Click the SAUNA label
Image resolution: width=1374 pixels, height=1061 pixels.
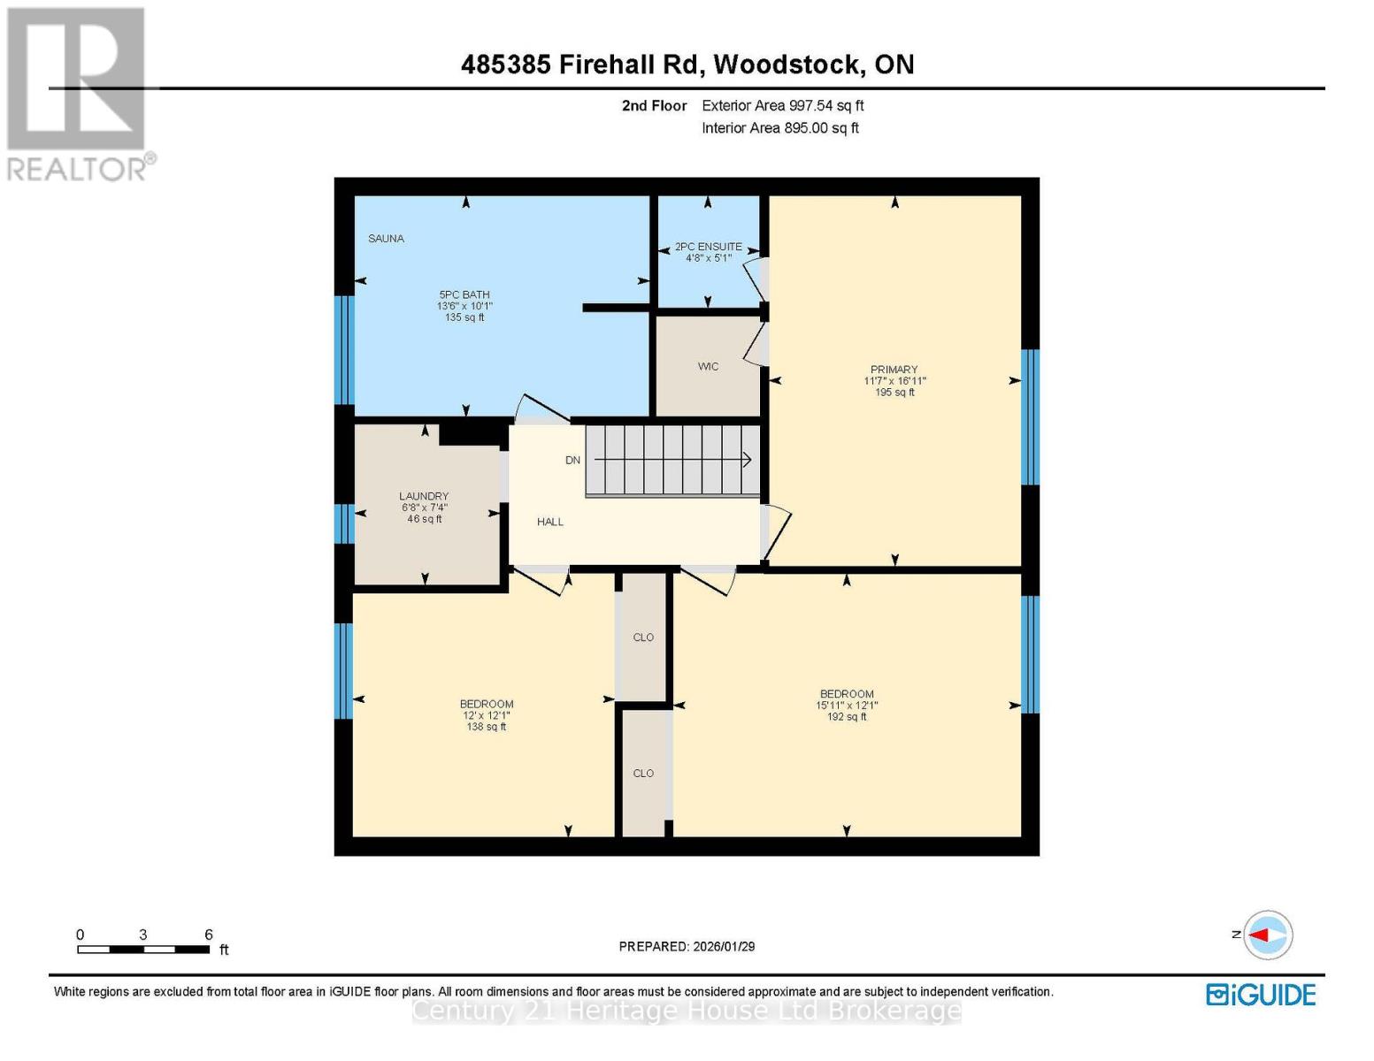click(386, 239)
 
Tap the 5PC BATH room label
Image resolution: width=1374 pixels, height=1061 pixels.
click(464, 295)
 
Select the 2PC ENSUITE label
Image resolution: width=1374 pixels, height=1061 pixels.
click(708, 247)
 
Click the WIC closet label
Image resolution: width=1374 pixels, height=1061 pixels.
click(708, 367)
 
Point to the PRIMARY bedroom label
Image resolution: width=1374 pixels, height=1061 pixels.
click(894, 370)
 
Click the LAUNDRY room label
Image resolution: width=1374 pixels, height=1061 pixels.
click(424, 497)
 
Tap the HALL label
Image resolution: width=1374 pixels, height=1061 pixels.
click(549, 523)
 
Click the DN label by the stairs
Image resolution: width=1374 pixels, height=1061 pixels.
click(572, 461)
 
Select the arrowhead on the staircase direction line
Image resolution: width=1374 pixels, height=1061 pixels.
click(747, 460)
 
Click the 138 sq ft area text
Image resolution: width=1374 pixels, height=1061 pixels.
click(486, 728)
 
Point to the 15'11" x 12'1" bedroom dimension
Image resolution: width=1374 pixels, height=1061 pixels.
click(846, 706)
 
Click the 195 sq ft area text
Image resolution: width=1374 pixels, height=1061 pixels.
click(894, 393)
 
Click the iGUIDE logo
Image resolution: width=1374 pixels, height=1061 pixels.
click(1261, 995)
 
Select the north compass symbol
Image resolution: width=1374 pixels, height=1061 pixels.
click(1267, 935)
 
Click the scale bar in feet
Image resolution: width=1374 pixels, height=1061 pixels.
click(143, 950)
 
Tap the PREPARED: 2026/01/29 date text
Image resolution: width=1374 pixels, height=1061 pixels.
click(687, 947)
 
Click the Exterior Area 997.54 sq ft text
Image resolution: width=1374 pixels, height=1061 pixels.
click(782, 106)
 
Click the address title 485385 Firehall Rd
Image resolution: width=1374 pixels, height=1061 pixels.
click(687, 65)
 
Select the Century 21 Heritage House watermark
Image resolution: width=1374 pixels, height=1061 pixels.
click(687, 1011)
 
